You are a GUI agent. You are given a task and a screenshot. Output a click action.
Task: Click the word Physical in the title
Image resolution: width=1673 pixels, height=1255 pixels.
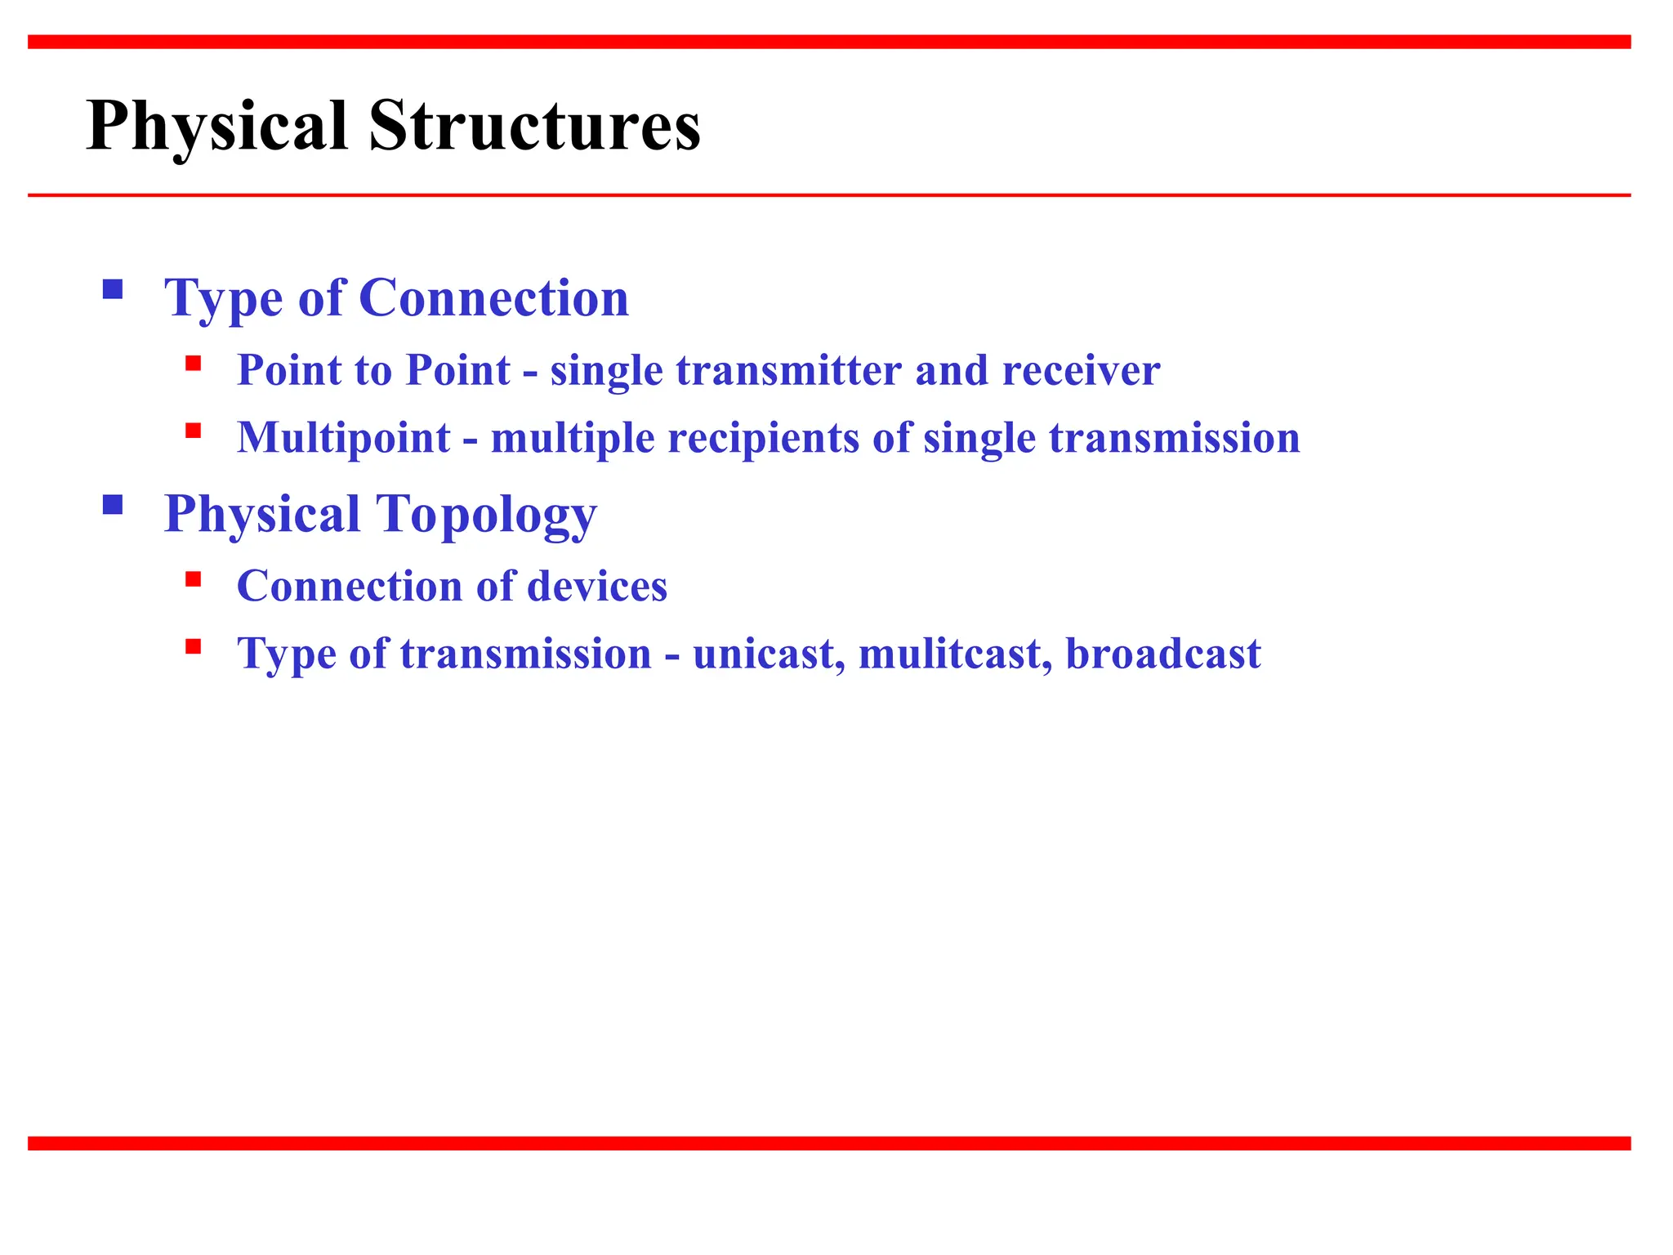click(217, 127)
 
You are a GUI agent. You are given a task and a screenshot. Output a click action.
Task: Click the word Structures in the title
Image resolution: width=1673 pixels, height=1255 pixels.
click(534, 127)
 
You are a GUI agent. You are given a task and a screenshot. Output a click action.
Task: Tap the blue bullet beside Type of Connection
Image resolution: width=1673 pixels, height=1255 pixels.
click(113, 289)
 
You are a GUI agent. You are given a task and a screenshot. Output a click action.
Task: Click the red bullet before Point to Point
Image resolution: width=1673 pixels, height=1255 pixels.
click(194, 364)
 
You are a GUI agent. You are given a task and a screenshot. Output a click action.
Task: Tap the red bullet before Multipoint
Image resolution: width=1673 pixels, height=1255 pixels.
click(194, 431)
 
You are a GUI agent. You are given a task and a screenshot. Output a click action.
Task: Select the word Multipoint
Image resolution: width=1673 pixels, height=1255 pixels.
click(343, 438)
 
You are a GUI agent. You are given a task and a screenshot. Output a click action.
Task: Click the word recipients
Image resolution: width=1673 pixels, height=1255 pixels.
click(763, 438)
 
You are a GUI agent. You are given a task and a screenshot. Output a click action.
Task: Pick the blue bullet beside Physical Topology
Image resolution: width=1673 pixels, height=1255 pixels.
click(113, 505)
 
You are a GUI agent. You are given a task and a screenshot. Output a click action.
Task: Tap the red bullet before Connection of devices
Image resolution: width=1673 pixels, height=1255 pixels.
click(194, 579)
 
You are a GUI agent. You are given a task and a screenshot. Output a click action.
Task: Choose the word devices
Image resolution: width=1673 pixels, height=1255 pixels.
click(597, 587)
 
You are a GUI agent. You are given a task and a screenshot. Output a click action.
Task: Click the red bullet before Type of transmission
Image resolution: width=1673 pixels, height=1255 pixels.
click(194, 647)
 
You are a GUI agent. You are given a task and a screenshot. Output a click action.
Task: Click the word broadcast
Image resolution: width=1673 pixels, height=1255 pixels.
click(1163, 654)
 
